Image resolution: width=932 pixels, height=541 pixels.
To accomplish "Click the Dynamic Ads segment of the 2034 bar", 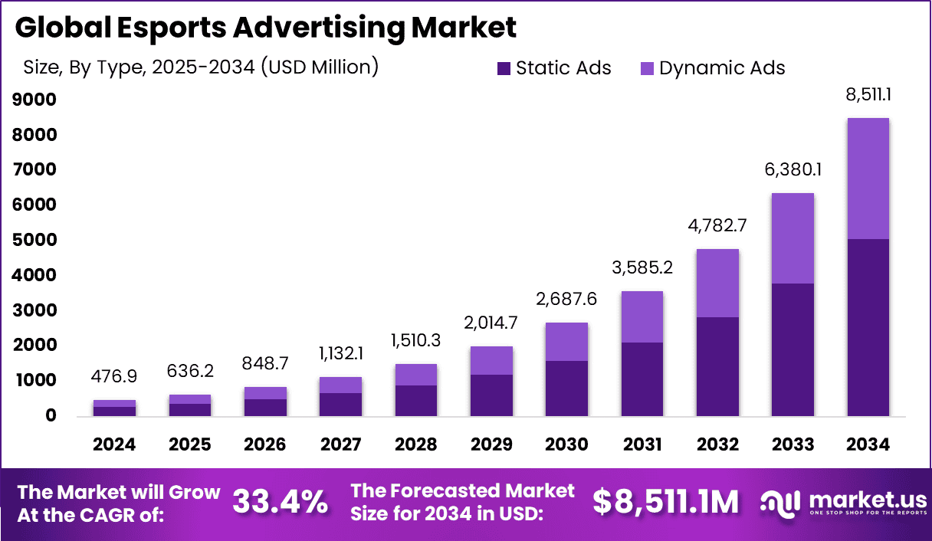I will click(868, 179).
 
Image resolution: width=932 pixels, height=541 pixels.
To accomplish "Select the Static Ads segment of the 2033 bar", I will click(793, 349).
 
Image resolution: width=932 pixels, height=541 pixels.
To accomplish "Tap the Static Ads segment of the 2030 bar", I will click(566, 388).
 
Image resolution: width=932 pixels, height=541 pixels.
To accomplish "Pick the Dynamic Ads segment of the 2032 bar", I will click(717, 283).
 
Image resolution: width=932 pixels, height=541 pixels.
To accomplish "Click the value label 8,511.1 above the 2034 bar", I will click(869, 96).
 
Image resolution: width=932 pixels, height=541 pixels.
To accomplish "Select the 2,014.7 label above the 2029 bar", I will click(491, 323).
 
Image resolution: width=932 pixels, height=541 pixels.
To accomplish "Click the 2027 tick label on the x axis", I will click(340, 445).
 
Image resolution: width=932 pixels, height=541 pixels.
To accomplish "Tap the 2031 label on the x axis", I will click(642, 445).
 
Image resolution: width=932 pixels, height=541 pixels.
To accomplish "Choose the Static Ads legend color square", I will click(504, 68).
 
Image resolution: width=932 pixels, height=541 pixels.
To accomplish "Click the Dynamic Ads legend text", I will click(722, 68).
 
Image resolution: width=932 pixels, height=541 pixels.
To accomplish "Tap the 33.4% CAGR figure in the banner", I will click(280, 502).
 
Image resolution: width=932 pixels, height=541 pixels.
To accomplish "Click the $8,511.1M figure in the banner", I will click(666, 502).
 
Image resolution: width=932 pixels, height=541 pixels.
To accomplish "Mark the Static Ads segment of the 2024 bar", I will click(115, 411).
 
